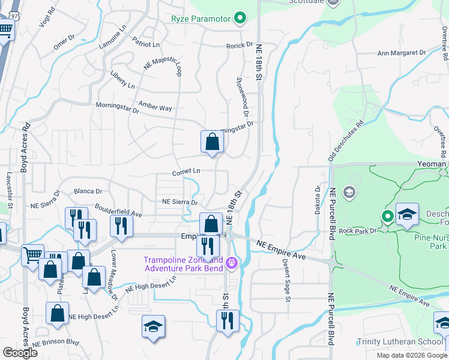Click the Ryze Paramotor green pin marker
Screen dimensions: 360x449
coord(240,18)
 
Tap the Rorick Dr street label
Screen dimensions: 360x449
coord(240,46)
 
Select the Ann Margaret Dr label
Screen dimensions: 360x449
coord(401,53)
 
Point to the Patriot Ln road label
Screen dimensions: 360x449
coord(147,44)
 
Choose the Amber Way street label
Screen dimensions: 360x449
coord(155,107)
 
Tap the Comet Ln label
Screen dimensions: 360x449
coord(185,171)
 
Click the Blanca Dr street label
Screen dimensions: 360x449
coord(88,191)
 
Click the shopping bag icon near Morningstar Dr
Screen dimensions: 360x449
coord(212,142)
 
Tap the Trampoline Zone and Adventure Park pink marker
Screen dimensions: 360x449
coord(232,262)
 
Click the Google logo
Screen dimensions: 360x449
coord(20,353)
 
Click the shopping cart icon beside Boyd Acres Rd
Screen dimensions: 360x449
coord(32,256)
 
